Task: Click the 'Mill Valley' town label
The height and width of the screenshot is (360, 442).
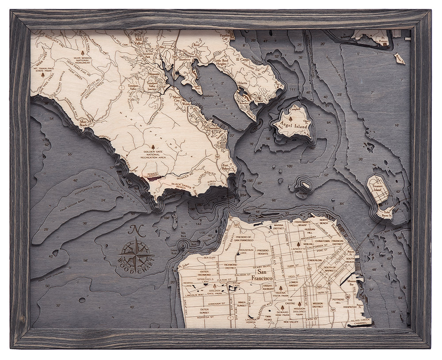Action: [x=137, y=42]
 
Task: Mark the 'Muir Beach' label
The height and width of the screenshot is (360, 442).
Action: [x=83, y=122]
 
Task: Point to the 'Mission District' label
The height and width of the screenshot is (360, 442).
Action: [x=317, y=305]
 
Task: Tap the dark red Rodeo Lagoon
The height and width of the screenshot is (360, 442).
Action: [x=152, y=179]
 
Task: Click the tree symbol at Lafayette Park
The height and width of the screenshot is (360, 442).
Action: [x=299, y=243]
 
